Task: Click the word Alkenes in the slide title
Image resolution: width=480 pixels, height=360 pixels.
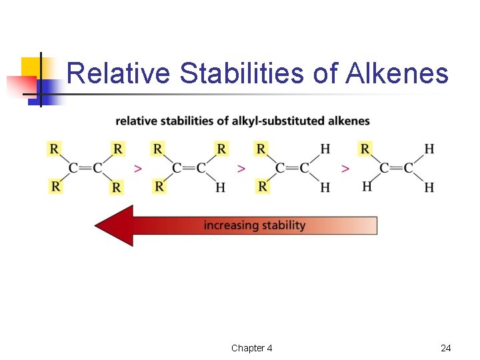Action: pyautogui.click(x=397, y=73)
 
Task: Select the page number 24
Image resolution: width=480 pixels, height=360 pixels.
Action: pyautogui.click(x=446, y=348)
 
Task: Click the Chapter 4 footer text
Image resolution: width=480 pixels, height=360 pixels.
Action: pyautogui.click(x=251, y=348)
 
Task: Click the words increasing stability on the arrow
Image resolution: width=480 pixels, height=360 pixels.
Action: pyautogui.click(x=255, y=225)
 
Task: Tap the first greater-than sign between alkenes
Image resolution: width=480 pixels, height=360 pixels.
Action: pyautogui.click(x=137, y=169)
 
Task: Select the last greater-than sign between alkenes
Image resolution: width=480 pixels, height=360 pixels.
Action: pyautogui.click(x=345, y=169)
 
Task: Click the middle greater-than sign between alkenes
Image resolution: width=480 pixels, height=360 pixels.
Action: pyautogui.click(x=241, y=169)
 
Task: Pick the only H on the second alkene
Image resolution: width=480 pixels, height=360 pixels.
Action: pyautogui.click(x=220, y=188)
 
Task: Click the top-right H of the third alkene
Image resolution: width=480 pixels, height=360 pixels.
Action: pyautogui.click(x=325, y=148)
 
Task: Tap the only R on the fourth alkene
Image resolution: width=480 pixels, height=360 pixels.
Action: pyautogui.click(x=365, y=148)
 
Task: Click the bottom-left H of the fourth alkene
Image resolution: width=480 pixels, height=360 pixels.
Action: pyautogui.click(x=367, y=187)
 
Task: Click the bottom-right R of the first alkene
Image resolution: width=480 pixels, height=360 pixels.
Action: pyautogui.click(x=117, y=188)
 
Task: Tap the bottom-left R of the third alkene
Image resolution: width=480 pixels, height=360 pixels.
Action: pyautogui.click(x=262, y=187)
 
